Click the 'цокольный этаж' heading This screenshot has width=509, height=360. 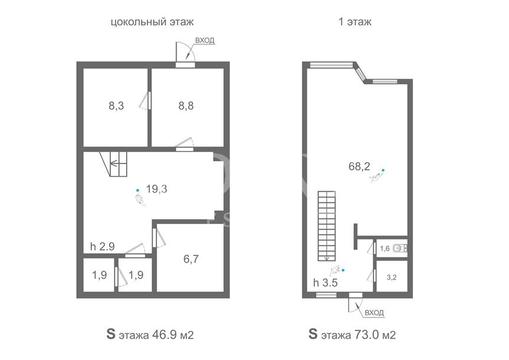pos(152,22)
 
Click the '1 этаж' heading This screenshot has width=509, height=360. pos(355,22)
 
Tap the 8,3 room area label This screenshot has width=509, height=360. pos(116,106)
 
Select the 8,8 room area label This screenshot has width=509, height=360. pos(186,106)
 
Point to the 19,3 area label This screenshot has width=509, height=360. pos(156,189)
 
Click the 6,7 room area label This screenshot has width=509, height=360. pos(191,259)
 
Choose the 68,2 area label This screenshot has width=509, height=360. pos(359,166)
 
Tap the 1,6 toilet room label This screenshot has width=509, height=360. pos(385,249)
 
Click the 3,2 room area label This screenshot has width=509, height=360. pos(392,277)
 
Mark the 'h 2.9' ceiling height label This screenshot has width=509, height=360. pos(102,247)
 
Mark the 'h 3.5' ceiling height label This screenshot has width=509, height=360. pos(325,283)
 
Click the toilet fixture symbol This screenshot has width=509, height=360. pos(400,248)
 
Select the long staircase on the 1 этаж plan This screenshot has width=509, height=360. pos(327,226)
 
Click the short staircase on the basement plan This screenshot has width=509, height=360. pos(113,164)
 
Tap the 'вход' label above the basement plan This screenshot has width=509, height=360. pos(205,40)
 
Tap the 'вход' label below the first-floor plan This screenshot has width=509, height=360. pos(375,313)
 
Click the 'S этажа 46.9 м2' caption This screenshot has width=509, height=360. pos(150,335)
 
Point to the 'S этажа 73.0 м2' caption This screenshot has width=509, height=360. pos(352,335)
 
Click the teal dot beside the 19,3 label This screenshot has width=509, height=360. pos(138,191)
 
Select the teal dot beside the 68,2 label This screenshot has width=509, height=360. pos(383,170)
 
